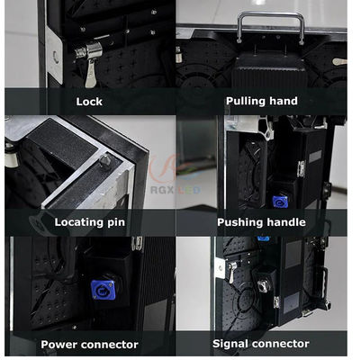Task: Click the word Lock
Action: (89, 102)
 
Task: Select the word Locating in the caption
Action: (78, 222)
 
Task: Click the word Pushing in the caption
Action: (240, 222)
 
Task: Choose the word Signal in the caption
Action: (230, 344)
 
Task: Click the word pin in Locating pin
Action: (116, 223)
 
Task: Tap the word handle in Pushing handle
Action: (286, 222)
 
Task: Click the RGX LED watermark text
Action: (176, 190)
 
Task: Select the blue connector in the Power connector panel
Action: (103, 290)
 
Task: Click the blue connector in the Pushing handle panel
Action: (280, 202)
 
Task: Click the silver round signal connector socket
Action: (263, 285)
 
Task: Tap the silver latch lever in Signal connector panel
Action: (231, 272)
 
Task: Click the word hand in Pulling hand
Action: (284, 101)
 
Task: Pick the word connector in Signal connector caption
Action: (280, 344)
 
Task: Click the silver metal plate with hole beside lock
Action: (54, 56)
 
